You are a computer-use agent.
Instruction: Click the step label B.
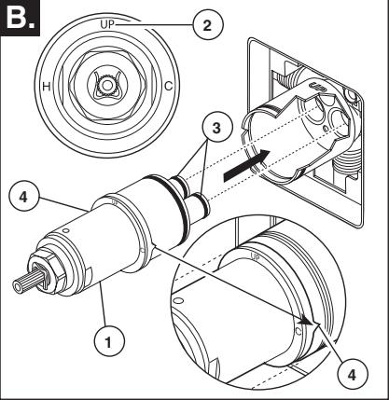(x=20, y=18)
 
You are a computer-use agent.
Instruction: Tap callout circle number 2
(x=208, y=25)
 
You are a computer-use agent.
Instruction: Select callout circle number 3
(x=216, y=127)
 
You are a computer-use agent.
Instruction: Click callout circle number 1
(x=109, y=342)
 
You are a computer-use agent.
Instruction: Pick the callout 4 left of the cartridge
(x=24, y=197)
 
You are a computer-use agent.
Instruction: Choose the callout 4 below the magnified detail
(x=352, y=375)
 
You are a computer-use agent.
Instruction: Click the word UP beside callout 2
(x=107, y=24)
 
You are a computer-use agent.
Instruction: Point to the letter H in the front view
(x=47, y=86)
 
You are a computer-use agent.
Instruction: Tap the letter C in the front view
(x=168, y=86)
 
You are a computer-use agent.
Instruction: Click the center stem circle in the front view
(x=107, y=85)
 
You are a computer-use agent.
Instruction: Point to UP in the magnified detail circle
(x=255, y=257)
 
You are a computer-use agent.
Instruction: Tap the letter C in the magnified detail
(x=299, y=331)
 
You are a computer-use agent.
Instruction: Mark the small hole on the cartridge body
(x=65, y=231)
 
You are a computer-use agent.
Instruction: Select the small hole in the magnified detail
(x=178, y=301)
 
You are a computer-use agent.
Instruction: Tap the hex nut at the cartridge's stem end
(x=47, y=271)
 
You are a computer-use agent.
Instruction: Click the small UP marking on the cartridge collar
(x=115, y=201)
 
